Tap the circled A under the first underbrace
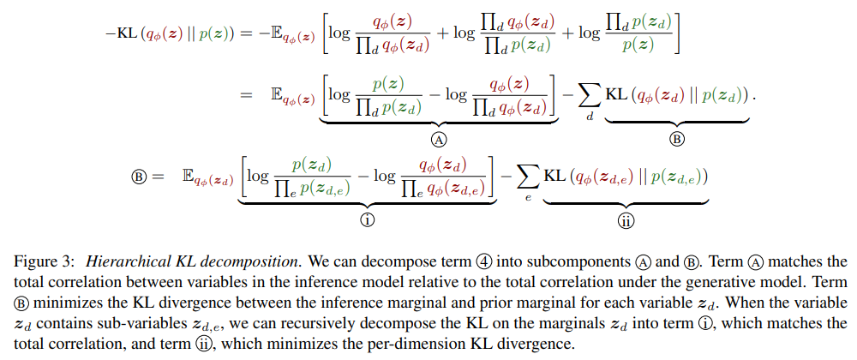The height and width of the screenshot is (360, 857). coord(439,139)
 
